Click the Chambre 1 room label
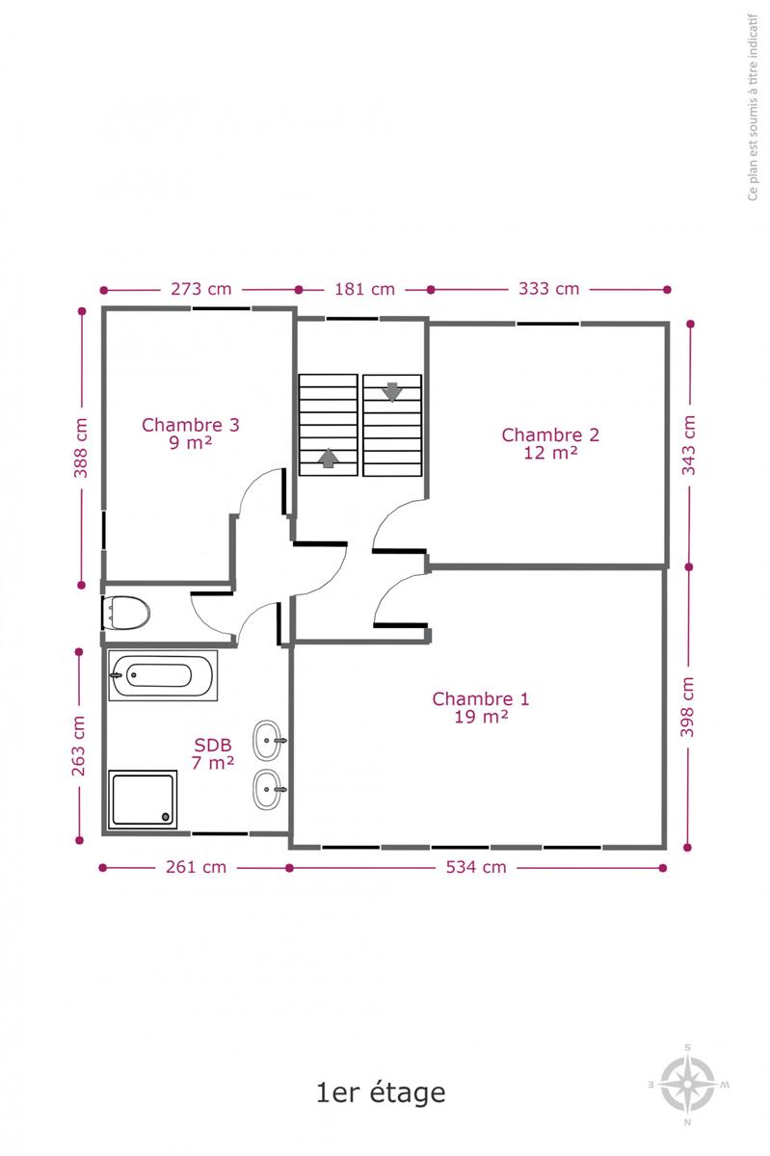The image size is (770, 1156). point(481,707)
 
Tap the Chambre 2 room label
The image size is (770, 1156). point(550,444)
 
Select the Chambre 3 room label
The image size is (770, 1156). point(191,434)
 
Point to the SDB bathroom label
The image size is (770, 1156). point(213,754)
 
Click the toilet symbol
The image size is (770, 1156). point(126,613)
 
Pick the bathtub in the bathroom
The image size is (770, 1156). point(163,675)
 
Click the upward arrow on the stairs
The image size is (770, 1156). point(328,459)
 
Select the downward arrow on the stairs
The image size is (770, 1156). point(392,392)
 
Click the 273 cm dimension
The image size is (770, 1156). point(200,289)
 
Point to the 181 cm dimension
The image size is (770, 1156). point(364,289)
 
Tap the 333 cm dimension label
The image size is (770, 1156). point(549,288)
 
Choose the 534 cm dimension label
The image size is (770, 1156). point(476,867)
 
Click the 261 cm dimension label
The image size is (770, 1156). point(196,867)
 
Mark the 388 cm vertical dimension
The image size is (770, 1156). point(80,448)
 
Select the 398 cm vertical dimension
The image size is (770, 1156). point(687,707)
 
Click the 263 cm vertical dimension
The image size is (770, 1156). point(78,746)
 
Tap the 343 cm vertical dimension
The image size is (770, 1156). point(689,445)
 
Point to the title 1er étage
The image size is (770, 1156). point(381,1092)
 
